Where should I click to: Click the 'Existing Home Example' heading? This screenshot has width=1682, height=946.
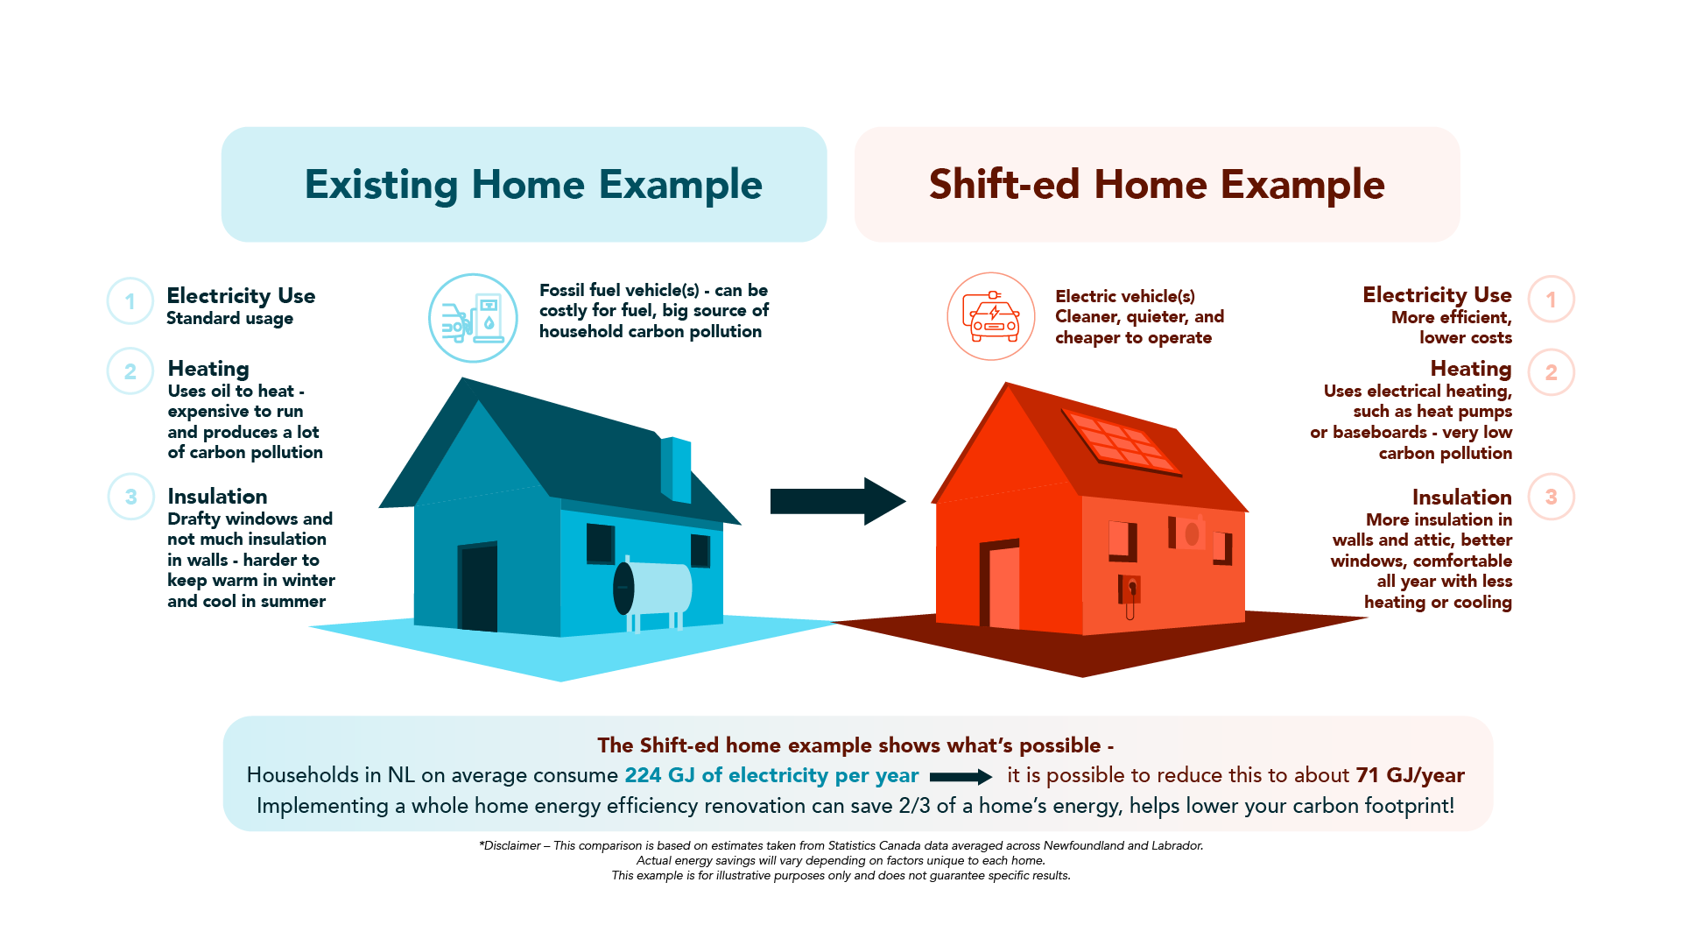click(x=533, y=185)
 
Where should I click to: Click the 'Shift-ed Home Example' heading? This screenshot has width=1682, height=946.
click(x=1157, y=185)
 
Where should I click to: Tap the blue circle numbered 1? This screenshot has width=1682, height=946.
click(x=130, y=301)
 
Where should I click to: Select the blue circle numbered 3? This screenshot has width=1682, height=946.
click(x=131, y=497)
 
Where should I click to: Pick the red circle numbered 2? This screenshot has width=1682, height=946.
click(x=1552, y=372)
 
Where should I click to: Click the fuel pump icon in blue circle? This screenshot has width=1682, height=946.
click(x=473, y=318)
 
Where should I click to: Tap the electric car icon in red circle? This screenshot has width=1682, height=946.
click(x=991, y=316)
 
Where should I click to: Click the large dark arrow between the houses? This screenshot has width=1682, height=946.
click(x=838, y=501)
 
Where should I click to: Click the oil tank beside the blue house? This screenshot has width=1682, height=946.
click(x=652, y=589)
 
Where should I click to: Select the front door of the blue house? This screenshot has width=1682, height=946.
click(x=478, y=587)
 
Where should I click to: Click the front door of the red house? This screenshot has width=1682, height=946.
click(x=1000, y=584)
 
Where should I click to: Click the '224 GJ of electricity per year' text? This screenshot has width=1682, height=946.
click(x=771, y=775)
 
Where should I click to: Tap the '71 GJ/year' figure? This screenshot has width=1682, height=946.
click(x=1411, y=775)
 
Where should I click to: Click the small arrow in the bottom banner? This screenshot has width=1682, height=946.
click(x=961, y=777)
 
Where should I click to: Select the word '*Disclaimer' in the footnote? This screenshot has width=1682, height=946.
click(x=510, y=846)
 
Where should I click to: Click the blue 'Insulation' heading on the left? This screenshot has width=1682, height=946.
click(x=217, y=497)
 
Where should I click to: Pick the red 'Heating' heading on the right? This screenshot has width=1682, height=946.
click(x=1471, y=369)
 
